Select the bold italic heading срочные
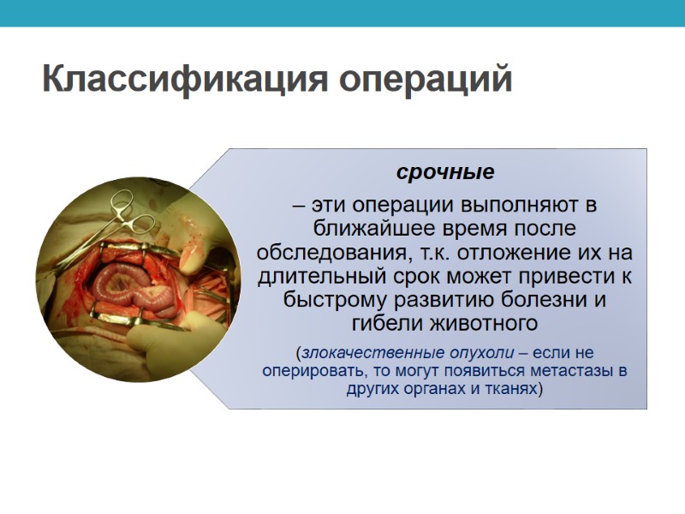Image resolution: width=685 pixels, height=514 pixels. click(445, 172)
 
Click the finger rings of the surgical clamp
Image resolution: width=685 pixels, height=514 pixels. click(128, 206)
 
